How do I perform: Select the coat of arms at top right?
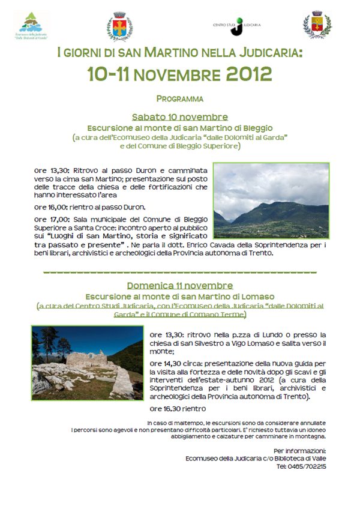(317, 25)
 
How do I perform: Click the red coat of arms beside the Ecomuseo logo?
(119, 26)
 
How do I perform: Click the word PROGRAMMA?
(179, 98)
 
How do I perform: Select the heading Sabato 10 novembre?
(179, 116)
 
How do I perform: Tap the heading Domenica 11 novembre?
(179, 286)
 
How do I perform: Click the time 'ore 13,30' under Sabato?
(50, 170)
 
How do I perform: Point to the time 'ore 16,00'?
(50, 207)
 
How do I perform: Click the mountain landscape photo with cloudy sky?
(271, 200)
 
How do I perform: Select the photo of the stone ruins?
(88, 364)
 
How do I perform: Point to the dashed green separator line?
(179, 273)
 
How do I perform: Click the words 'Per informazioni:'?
(299, 450)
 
